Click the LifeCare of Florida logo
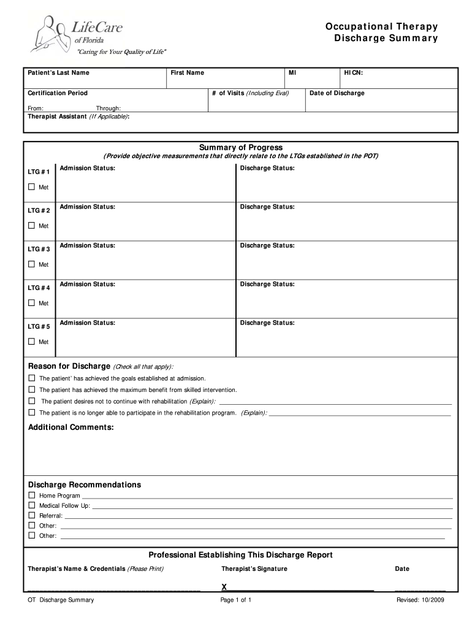click(x=77, y=35)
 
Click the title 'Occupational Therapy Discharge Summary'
click(x=381, y=33)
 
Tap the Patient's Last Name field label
click(x=58, y=73)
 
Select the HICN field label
click(x=353, y=73)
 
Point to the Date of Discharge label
click(x=337, y=93)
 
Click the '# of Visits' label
click(x=250, y=93)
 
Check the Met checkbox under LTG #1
click(x=32, y=187)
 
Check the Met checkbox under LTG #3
click(x=32, y=264)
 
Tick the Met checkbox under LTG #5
click(x=32, y=342)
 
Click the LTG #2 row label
click(x=39, y=210)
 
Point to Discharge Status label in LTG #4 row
click(x=267, y=284)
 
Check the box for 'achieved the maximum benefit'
click(x=32, y=389)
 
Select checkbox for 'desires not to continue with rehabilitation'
click(x=32, y=401)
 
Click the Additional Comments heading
click(x=71, y=427)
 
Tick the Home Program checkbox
click(x=32, y=495)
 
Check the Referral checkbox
click(x=32, y=515)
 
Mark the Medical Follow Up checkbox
click(x=32, y=505)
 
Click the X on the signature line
click(x=224, y=587)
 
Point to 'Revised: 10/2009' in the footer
click(x=420, y=600)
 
